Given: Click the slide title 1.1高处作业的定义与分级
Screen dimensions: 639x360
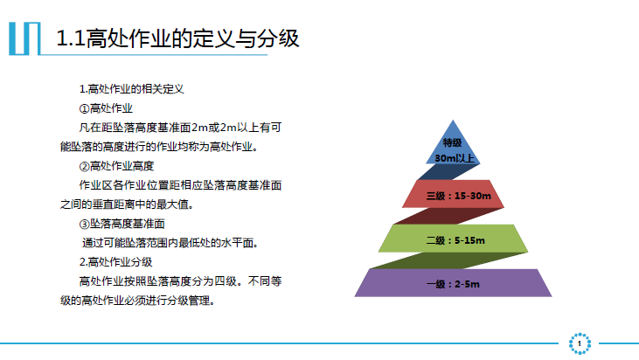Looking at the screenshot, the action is pyautogui.click(x=177, y=38).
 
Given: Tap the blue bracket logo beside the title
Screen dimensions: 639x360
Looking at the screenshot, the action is pyautogui.click(x=24, y=38).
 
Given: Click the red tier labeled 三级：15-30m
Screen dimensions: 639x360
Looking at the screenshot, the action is pyautogui.click(x=453, y=194).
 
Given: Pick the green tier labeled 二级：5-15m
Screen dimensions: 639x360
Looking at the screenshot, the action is pyautogui.click(x=453, y=239).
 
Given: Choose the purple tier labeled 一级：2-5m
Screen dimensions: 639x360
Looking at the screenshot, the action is pyautogui.click(x=453, y=283).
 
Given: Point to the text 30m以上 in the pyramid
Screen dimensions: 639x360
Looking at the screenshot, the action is pyautogui.click(x=455, y=158).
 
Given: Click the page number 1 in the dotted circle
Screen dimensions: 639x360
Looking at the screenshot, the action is pyautogui.click(x=580, y=343).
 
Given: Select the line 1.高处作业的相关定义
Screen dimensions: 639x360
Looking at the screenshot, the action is pyautogui.click(x=132, y=89).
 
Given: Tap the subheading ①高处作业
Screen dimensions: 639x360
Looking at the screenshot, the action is pyautogui.click(x=106, y=108).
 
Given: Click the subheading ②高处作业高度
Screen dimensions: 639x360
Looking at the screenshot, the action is pyautogui.click(x=116, y=166).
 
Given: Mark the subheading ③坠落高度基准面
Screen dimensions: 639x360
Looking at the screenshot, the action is pyautogui.click(x=122, y=224).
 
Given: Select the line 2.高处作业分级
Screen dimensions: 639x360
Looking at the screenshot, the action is pyautogui.click(x=115, y=262).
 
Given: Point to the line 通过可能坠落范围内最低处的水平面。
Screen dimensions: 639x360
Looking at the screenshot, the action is pyautogui.click(x=170, y=243).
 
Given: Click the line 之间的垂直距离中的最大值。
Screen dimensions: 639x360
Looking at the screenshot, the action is pyautogui.click(x=127, y=204).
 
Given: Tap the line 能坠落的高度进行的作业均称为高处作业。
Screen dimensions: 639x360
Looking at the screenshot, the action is pyautogui.click(x=159, y=147).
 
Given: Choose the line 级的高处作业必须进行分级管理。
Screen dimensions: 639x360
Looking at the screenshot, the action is pyautogui.click(x=138, y=301).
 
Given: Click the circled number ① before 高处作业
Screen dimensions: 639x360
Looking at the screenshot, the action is pyautogui.click(x=85, y=108).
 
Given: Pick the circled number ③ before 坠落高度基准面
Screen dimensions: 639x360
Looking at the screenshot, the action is pyautogui.click(x=85, y=224).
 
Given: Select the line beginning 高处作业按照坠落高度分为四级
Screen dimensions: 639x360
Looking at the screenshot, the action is pyautogui.click(x=180, y=281).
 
